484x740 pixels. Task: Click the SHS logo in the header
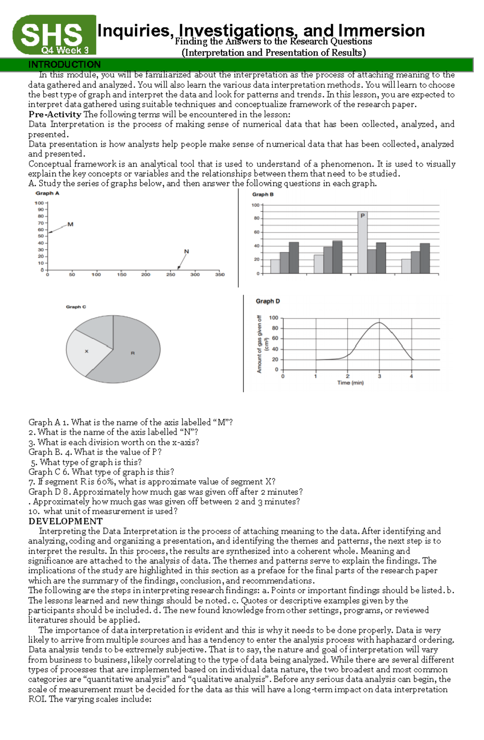click(x=52, y=34)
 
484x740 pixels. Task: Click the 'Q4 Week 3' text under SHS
click(x=65, y=50)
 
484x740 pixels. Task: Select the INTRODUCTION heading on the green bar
click(x=65, y=65)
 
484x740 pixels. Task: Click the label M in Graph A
click(x=70, y=224)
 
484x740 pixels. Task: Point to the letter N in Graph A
click(x=186, y=251)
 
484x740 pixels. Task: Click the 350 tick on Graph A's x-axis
click(x=220, y=275)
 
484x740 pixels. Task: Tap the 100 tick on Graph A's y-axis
click(x=39, y=203)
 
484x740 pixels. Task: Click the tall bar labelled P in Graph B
click(x=362, y=242)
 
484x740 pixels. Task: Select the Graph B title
click(x=263, y=194)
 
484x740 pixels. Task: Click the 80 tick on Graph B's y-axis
click(x=256, y=219)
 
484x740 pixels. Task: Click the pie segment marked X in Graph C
click(x=86, y=352)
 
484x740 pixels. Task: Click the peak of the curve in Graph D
click(x=379, y=323)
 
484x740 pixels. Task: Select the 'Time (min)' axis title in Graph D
click(x=350, y=383)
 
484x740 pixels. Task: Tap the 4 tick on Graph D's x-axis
click(x=411, y=376)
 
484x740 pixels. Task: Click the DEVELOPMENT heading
click(x=65, y=521)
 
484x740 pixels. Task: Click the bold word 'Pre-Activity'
click(x=55, y=115)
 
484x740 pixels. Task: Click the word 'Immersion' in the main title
click(x=381, y=31)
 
